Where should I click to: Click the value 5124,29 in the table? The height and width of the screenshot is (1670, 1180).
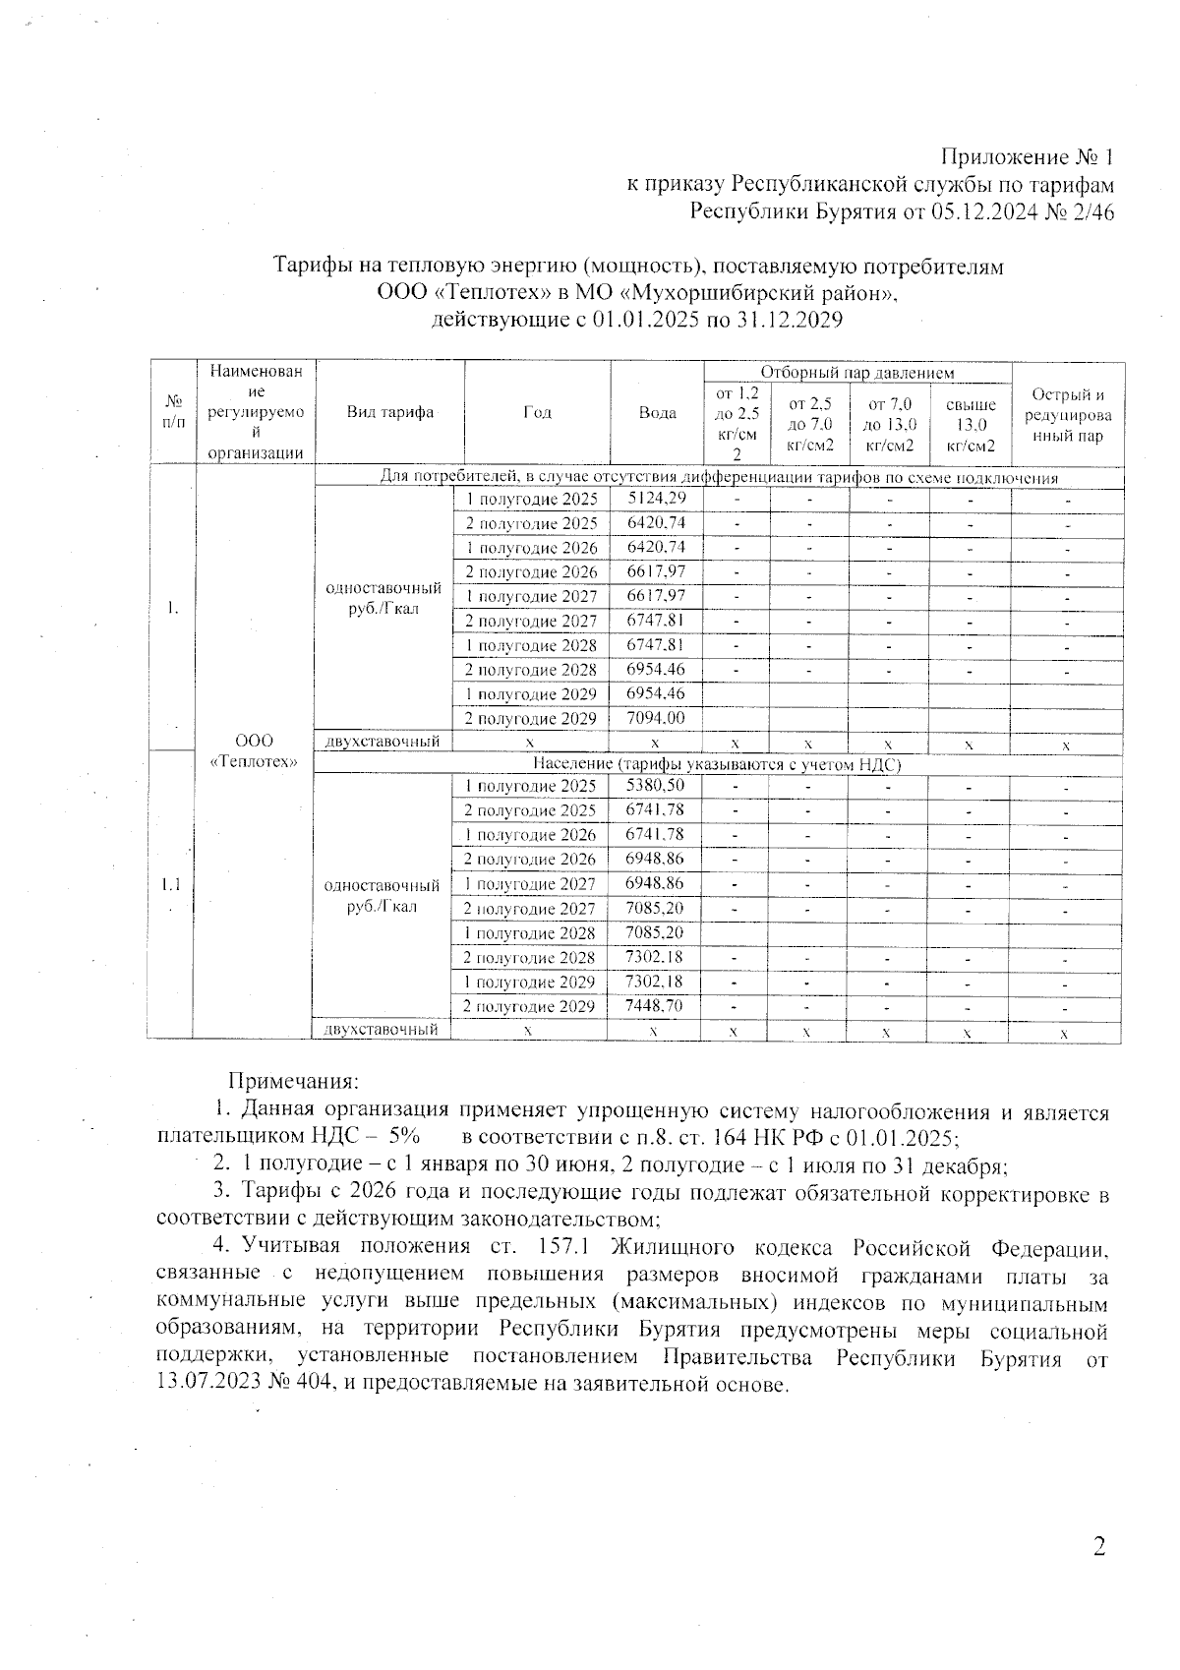coord(656,499)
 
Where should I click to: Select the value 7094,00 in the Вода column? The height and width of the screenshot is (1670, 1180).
coord(656,718)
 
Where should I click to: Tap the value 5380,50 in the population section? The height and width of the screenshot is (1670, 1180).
coord(655,786)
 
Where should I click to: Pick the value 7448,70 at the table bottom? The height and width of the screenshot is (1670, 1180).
coord(654,1006)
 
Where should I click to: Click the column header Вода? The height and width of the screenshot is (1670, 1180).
coord(657,413)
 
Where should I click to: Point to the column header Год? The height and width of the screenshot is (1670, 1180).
coord(537,413)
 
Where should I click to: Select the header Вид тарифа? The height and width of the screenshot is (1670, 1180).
coord(390,413)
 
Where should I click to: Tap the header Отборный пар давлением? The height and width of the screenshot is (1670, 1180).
coord(857,373)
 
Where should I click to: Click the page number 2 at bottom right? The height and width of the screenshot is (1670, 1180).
coord(1099,1547)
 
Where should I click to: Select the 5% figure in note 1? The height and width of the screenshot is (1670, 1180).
coord(404,1135)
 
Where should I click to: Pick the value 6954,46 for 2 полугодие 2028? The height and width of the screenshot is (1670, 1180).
coord(656,670)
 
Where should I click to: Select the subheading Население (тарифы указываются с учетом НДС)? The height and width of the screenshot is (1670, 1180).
coord(718,764)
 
